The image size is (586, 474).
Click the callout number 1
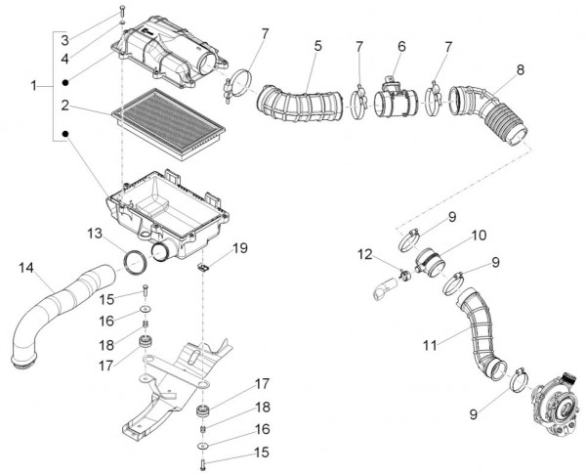[35, 86]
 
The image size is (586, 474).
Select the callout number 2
[63, 105]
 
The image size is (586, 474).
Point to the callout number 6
[400, 46]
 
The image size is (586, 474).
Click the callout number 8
[520, 69]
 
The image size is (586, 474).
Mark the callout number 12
[365, 255]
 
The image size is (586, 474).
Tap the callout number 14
[25, 267]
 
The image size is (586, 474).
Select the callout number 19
[240, 248]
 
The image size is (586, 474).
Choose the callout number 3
[63, 40]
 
